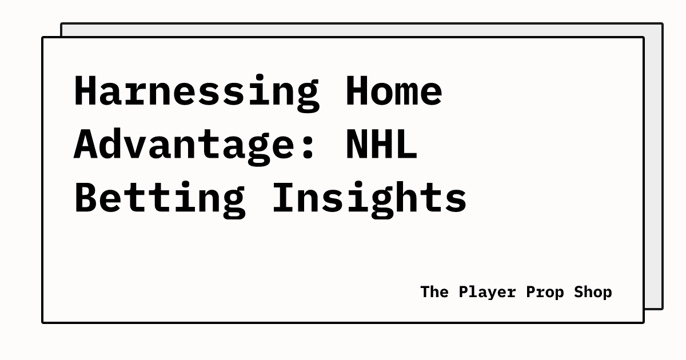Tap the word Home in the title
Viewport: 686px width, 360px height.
tap(394, 91)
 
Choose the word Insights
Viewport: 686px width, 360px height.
tap(369, 198)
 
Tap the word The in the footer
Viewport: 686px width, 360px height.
tap(434, 292)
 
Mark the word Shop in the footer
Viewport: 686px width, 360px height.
tap(593, 292)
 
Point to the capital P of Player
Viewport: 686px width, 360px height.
tap(464, 292)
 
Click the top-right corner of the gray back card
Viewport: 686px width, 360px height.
tap(662, 24)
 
